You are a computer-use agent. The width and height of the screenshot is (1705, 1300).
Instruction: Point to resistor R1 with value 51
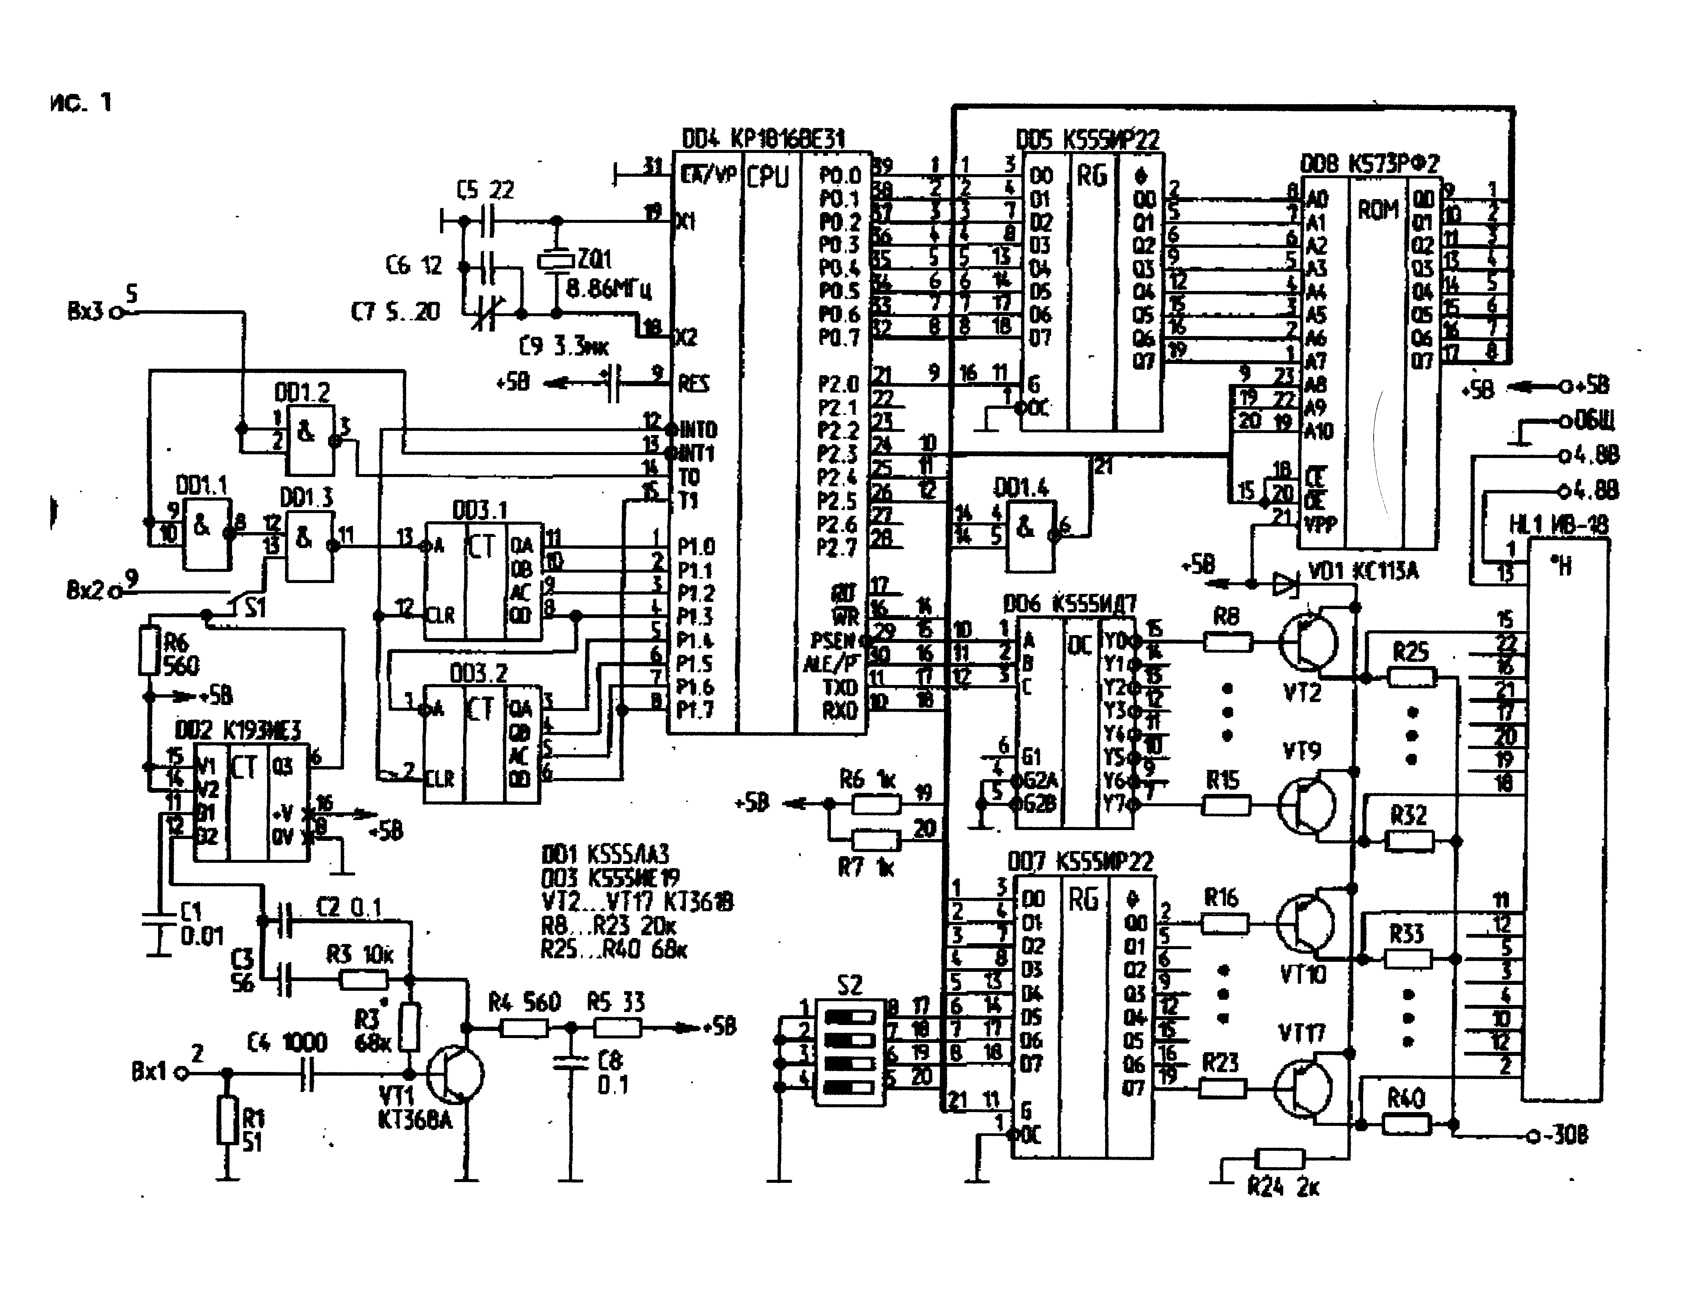(x=227, y=1119)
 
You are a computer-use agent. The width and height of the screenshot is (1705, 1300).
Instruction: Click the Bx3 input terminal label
(x=85, y=311)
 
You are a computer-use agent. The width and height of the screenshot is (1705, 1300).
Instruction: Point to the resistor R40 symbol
(x=1406, y=1124)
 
